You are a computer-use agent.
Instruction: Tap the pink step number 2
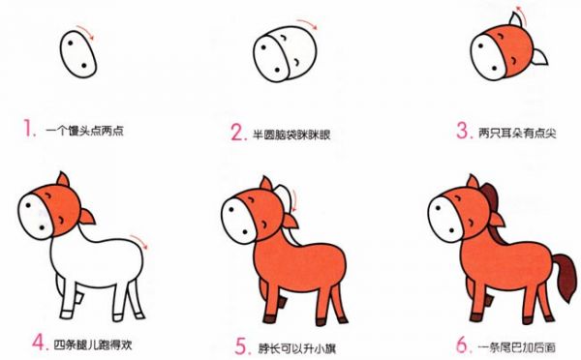[238, 133]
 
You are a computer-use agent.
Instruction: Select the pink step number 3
[465, 131]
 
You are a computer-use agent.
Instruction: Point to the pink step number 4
[41, 343]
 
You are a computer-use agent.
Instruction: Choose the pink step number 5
[243, 347]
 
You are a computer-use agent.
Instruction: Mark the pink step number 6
[464, 345]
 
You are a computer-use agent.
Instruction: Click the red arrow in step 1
[86, 31]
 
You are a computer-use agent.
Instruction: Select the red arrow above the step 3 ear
[521, 13]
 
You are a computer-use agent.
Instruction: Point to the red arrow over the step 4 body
[139, 241]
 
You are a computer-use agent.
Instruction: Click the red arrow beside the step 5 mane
[294, 200]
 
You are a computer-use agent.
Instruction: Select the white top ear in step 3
[517, 19]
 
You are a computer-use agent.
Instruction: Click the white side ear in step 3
[539, 57]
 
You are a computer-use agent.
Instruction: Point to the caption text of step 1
[84, 131]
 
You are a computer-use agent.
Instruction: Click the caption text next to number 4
[93, 345]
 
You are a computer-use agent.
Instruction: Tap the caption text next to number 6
[516, 347]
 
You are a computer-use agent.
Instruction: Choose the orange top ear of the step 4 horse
[63, 180]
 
